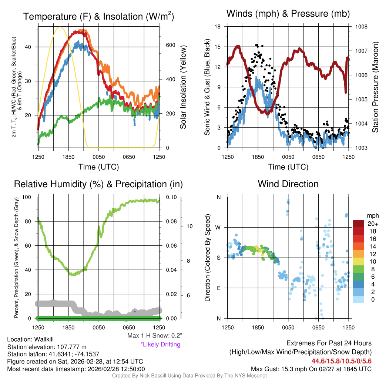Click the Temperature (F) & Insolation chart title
coord(98,16)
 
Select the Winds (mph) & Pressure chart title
coord(288,14)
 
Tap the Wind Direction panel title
coord(288,184)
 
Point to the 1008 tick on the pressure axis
coord(361,27)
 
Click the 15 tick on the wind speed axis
coord(218,47)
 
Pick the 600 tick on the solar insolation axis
coord(170,45)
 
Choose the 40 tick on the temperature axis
coord(31,47)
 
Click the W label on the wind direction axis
coord(218,227)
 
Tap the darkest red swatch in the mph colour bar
coord(359,224)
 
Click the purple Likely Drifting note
coord(160,345)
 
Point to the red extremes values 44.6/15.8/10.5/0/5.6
coord(341,361)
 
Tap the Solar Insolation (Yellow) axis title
coord(183,87)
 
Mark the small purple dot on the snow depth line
coord(135,312)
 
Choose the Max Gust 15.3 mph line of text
coord(311,369)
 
